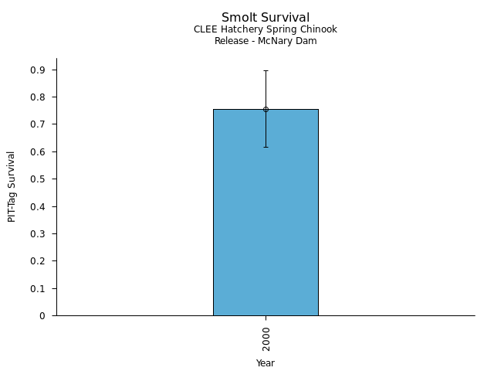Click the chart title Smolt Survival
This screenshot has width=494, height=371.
(x=266, y=17)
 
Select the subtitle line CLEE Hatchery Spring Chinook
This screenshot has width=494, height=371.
(x=266, y=29)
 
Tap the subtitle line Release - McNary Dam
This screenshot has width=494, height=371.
(x=266, y=41)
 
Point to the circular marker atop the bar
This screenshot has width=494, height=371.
(x=266, y=109)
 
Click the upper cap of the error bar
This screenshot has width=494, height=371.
(x=266, y=70)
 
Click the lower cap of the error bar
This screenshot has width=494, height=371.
(x=266, y=147)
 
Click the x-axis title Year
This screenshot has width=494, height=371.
(x=266, y=362)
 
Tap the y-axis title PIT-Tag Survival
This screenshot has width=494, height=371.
(x=12, y=186)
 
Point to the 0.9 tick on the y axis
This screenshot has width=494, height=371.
(x=39, y=70)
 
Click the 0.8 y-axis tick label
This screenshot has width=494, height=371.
(x=39, y=97)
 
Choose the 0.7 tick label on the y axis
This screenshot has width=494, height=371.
(x=39, y=124)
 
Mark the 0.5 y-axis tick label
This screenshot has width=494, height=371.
(x=39, y=179)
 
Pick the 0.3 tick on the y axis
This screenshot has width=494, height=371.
(x=39, y=234)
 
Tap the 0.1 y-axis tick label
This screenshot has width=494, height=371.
(x=39, y=288)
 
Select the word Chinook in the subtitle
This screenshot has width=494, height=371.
(x=319, y=29)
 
